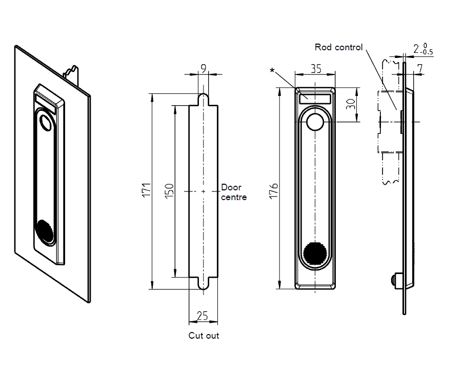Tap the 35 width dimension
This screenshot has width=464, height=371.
point(315,68)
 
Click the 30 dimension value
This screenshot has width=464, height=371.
point(351,105)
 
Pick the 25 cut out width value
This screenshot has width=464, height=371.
point(203,316)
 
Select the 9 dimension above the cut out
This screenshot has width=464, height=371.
point(204,67)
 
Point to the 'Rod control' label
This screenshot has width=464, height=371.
point(338,47)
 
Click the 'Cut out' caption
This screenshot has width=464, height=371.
point(204,336)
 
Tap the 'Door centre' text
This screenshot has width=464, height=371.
point(233,192)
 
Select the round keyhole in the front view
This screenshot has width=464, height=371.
point(315,123)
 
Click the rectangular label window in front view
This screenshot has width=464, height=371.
point(315,97)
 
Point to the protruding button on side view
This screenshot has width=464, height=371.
point(394,280)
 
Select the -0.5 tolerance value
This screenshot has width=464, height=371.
point(427,52)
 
